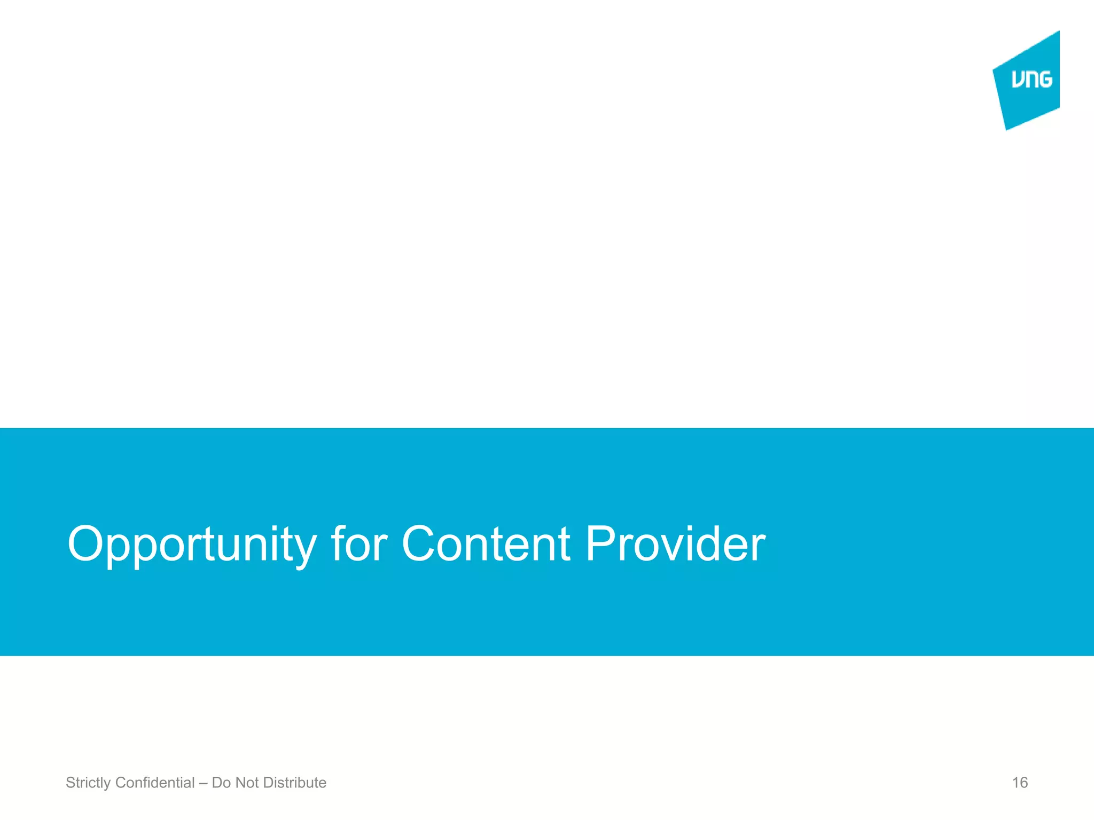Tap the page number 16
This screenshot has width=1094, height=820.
[x=1020, y=783]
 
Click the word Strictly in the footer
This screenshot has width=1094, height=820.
[x=88, y=783]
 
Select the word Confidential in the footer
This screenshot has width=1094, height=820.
[x=155, y=783]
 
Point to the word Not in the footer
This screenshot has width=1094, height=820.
[x=247, y=783]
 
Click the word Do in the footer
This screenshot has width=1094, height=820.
[x=221, y=783]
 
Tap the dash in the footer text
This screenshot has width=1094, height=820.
[x=203, y=783]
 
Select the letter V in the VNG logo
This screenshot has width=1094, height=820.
[x=1018, y=80]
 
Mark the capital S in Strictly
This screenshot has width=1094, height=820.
[x=70, y=783]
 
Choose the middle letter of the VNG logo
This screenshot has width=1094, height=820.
[x=1032, y=80]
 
